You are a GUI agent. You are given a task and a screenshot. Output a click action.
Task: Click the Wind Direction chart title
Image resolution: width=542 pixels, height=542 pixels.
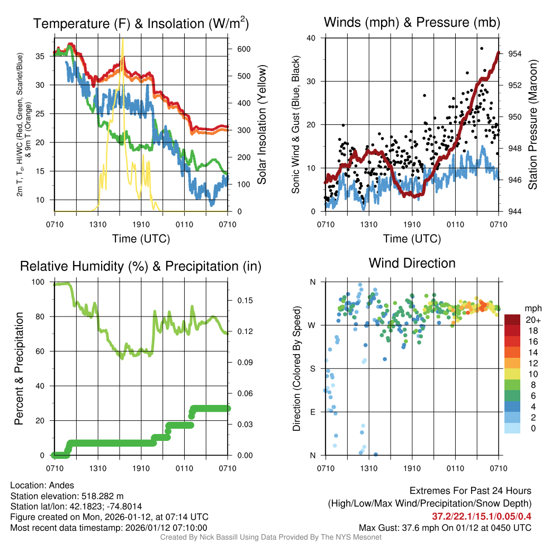click(x=412, y=263)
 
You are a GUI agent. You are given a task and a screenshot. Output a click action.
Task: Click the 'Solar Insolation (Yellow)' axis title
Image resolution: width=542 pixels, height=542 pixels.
click(x=261, y=125)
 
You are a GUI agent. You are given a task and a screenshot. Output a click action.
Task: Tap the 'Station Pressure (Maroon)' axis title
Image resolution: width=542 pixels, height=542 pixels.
click(x=532, y=125)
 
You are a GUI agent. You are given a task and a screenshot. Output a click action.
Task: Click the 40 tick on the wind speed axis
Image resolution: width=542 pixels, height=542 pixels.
click(x=311, y=38)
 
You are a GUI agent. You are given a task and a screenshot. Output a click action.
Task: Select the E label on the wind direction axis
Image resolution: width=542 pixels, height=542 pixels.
click(x=312, y=412)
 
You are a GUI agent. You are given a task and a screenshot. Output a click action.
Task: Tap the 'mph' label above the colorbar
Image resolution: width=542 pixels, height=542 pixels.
click(x=532, y=308)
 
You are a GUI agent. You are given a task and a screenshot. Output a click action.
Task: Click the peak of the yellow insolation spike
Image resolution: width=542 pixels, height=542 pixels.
click(x=123, y=39)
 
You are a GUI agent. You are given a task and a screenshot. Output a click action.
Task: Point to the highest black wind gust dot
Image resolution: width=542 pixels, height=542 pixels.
click(x=482, y=48)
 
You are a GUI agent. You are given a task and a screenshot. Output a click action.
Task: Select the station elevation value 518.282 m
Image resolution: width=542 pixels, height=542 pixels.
click(x=102, y=496)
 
